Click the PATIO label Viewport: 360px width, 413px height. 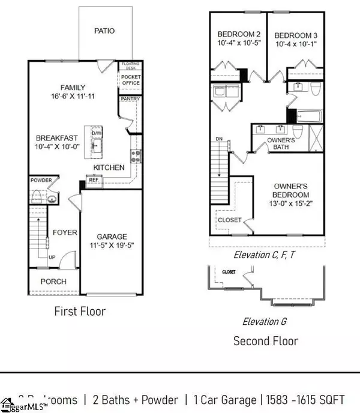[104, 31]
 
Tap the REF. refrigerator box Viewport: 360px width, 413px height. [94, 179]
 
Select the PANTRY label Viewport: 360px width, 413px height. [130, 98]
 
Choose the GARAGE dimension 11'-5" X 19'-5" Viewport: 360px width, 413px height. [112, 246]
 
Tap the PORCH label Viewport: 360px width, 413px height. [53, 282]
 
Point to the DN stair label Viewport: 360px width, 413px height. [219, 140]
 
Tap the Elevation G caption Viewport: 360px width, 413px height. [264, 321]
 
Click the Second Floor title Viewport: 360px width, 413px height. [265, 341]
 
